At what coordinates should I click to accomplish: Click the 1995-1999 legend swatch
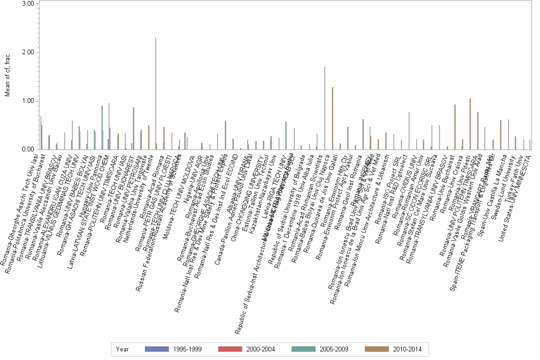[x=156, y=349]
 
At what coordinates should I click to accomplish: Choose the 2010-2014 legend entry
[x=376, y=349]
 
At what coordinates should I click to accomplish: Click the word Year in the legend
[x=122, y=349]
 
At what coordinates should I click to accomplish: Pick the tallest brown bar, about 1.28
[x=332, y=119]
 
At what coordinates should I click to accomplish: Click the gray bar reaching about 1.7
[x=325, y=108]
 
